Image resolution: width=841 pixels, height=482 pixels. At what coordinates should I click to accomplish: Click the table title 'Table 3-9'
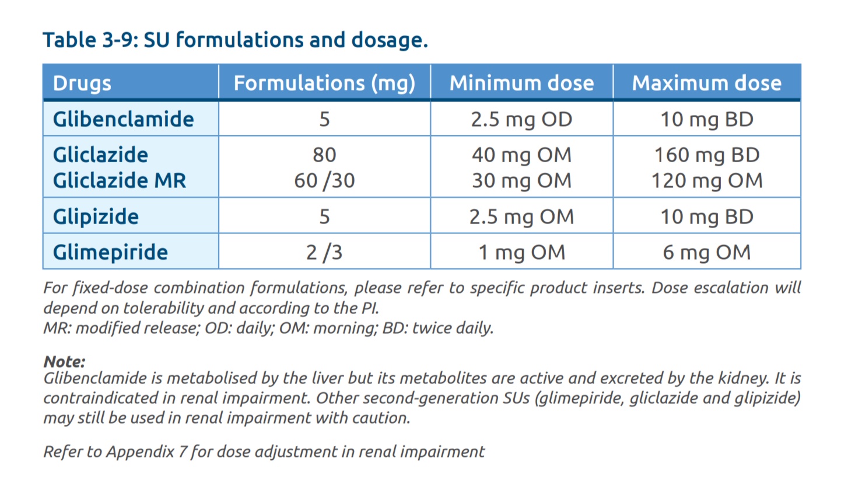[90, 40]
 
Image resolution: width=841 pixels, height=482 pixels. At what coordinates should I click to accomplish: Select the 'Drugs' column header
[82, 83]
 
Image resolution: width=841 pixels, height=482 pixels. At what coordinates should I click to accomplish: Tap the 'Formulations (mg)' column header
[324, 83]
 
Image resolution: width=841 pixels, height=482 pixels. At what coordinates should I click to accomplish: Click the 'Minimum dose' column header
[521, 83]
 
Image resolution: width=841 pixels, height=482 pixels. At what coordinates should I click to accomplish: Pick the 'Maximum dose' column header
[706, 83]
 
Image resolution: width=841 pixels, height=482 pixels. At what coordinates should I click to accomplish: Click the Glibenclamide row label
[123, 119]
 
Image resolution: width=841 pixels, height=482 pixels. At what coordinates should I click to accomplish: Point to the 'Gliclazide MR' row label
[119, 180]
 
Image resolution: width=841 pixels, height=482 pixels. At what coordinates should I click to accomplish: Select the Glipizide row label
[96, 216]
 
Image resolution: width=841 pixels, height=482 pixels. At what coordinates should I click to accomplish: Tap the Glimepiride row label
[110, 252]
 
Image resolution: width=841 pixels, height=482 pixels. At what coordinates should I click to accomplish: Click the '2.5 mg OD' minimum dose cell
[521, 120]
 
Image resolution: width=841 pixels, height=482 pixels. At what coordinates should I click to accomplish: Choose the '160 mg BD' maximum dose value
[706, 155]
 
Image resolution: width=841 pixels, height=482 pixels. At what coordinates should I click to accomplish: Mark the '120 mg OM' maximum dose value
[706, 180]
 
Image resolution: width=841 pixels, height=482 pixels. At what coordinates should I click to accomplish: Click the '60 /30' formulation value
[324, 181]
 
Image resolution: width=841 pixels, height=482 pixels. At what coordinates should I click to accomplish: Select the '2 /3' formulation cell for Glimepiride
[324, 252]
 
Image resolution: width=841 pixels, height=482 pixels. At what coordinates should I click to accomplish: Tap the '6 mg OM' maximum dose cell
[706, 252]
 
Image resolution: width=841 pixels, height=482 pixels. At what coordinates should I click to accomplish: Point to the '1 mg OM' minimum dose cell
[521, 252]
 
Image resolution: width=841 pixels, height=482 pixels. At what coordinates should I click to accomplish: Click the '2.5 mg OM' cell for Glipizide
[521, 216]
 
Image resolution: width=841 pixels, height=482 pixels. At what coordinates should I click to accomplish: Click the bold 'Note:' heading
[64, 362]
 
